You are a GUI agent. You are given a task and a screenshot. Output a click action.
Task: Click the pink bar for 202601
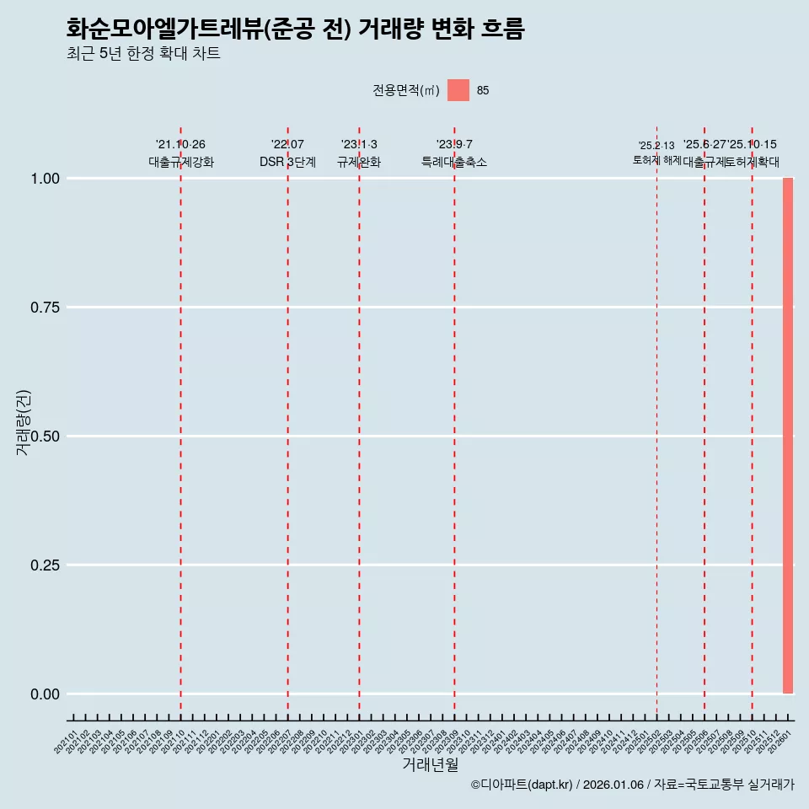pyautogui.click(x=788, y=436)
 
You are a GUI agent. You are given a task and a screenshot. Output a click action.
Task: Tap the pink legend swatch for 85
pyautogui.click(x=458, y=90)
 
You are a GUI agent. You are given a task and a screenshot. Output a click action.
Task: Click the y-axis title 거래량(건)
pyautogui.click(x=23, y=422)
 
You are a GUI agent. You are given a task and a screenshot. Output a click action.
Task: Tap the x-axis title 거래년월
pyautogui.click(x=431, y=765)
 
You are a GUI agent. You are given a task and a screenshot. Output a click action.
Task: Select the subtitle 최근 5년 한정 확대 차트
pyautogui.click(x=143, y=54)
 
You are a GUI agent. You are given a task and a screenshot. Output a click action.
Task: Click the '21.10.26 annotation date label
pyautogui.click(x=180, y=145)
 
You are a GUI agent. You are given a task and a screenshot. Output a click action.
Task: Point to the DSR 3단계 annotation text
pyautogui.click(x=287, y=163)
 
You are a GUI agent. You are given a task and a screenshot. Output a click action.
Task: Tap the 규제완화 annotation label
pyautogui.click(x=359, y=163)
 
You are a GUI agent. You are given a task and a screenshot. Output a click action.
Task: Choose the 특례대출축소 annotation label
pyautogui.click(x=454, y=163)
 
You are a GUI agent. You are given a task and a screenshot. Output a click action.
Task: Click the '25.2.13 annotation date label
pyautogui.click(x=656, y=146)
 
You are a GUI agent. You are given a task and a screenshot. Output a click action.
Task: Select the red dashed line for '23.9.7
pyautogui.click(x=454, y=421)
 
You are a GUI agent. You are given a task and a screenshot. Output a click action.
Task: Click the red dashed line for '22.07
pyautogui.click(x=287, y=421)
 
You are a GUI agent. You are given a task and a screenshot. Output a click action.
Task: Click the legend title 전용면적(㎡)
pyautogui.click(x=406, y=90)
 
